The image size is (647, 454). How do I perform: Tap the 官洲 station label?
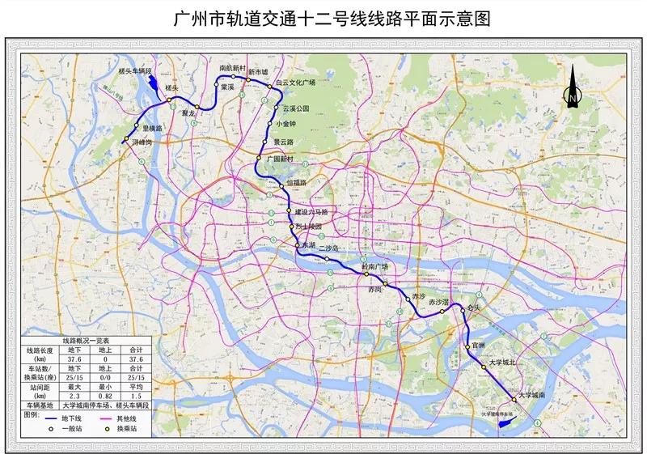477,346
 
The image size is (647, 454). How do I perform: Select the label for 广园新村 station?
282,159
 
